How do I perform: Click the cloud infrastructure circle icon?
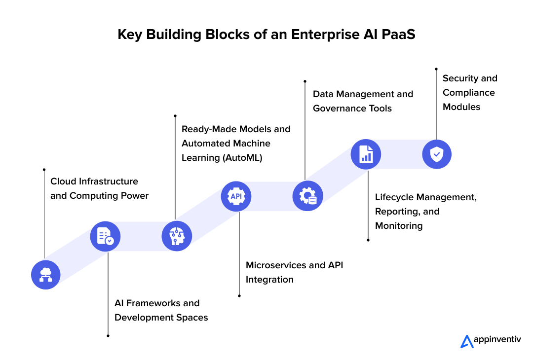click(45, 274)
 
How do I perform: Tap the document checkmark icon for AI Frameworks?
click(105, 236)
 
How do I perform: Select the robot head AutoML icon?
click(177, 236)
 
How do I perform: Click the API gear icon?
click(236, 196)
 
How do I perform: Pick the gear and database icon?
click(307, 196)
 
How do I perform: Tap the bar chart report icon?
click(366, 154)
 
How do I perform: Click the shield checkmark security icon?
click(437, 154)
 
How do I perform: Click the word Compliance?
click(469, 93)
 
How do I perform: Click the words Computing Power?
click(109, 196)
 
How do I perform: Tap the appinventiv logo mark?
click(466, 341)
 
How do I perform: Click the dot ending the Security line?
click(436, 69)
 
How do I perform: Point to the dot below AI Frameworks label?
click(108, 336)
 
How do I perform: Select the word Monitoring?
click(399, 226)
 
